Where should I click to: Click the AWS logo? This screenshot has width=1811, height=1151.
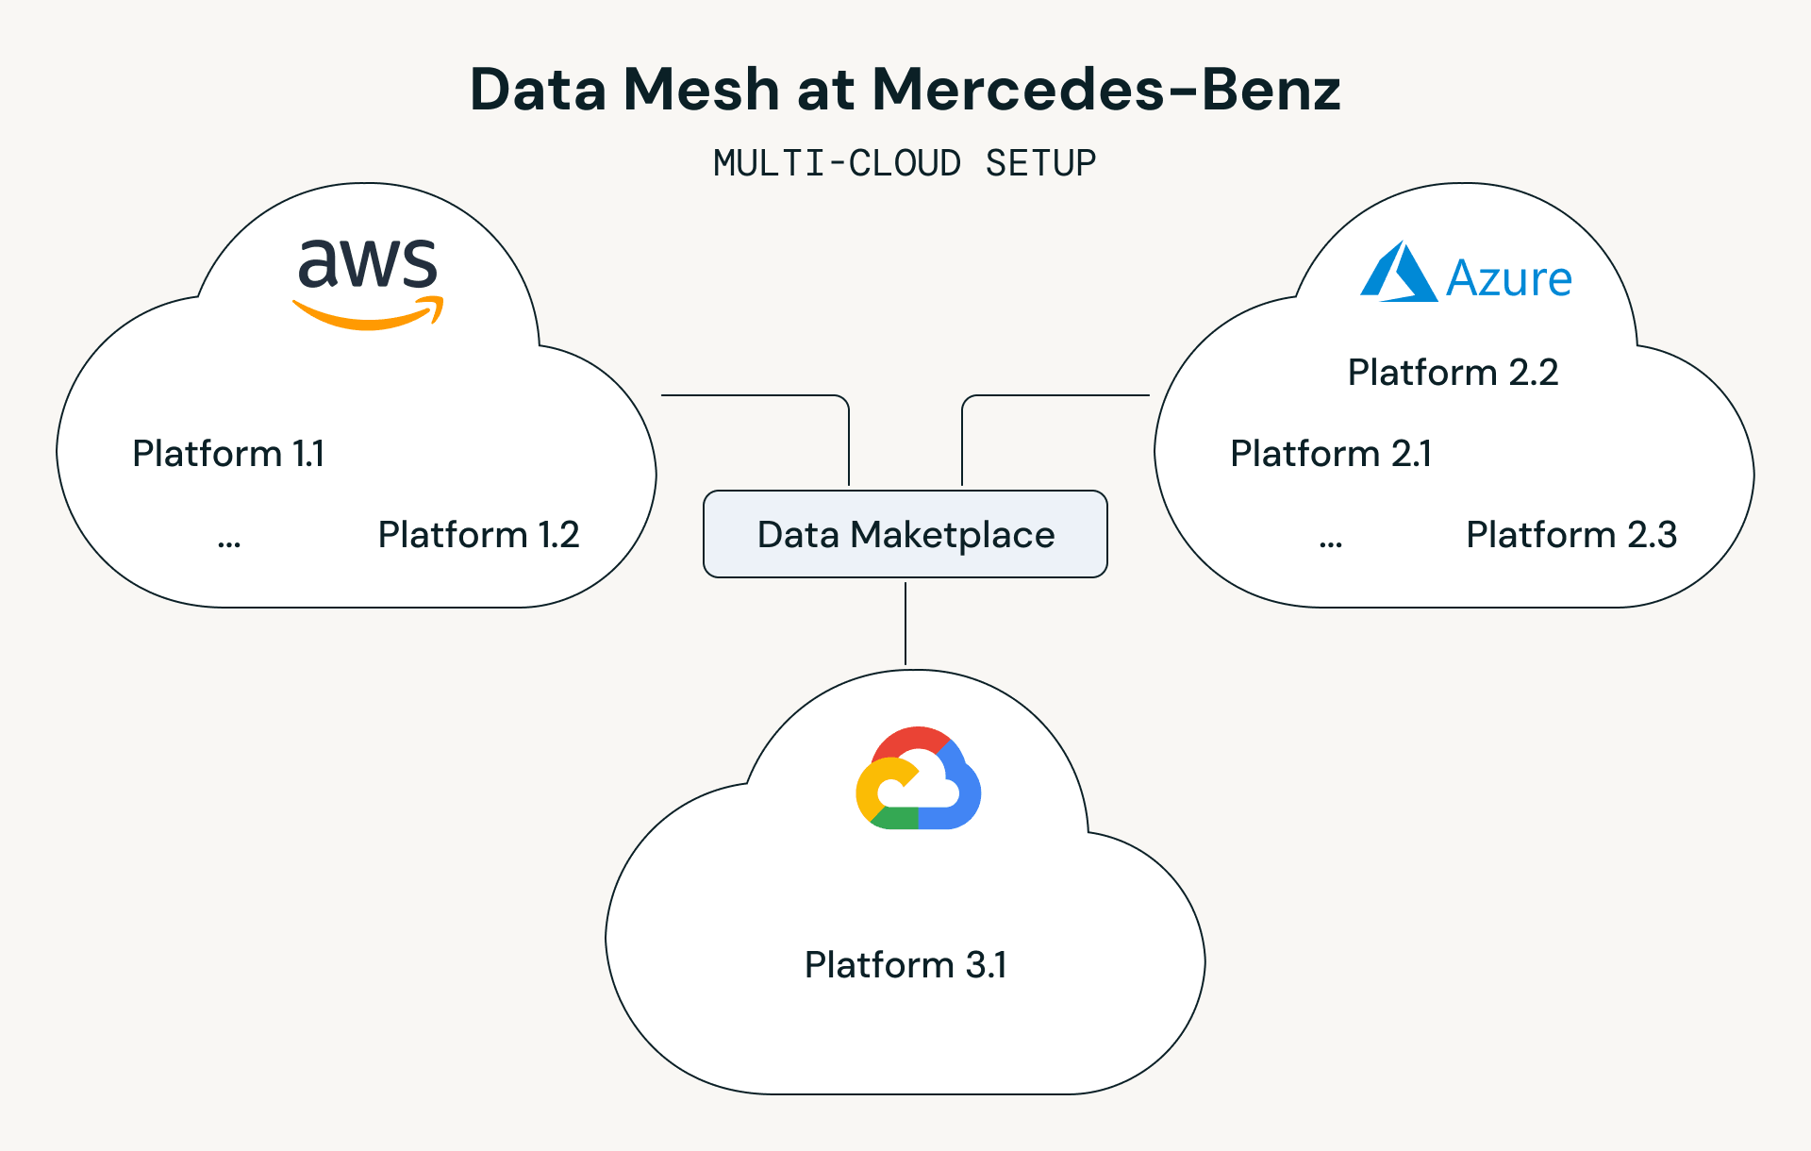click(x=368, y=282)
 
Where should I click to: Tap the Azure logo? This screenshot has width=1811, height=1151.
click(x=1466, y=274)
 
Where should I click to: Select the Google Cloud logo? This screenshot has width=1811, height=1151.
click(x=918, y=778)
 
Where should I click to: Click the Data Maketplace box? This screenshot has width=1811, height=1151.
click(x=905, y=534)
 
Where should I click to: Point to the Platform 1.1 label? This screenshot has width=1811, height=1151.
click(x=228, y=454)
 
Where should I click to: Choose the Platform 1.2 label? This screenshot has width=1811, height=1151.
click(x=478, y=535)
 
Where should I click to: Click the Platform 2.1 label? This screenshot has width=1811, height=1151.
click(x=1331, y=454)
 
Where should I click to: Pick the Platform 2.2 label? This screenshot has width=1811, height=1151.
click(x=1453, y=373)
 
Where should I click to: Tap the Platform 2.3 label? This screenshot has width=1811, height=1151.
click(x=1571, y=535)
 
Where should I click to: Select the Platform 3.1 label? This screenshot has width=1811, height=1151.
click(x=905, y=965)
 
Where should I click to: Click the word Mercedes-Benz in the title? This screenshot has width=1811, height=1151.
click(x=1105, y=90)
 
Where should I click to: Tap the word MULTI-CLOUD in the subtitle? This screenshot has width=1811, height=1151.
click(x=837, y=163)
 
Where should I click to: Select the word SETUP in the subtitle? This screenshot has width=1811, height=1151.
click(x=1040, y=163)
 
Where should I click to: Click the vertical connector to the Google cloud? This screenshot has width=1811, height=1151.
click(x=905, y=623)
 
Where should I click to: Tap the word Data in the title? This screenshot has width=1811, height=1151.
click(x=538, y=90)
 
